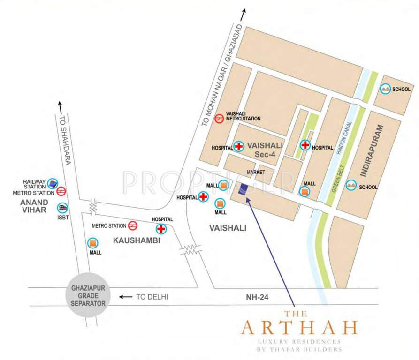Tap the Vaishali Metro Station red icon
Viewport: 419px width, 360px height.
[x=219, y=119]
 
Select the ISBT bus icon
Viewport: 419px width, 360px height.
[x=62, y=208]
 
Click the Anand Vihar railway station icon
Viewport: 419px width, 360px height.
[x=53, y=183]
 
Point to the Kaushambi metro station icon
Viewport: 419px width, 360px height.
[x=133, y=225]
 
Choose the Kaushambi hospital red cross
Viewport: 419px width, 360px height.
[x=161, y=229]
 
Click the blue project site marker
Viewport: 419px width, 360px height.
[x=243, y=190]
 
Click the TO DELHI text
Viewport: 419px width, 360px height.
[x=152, y=297]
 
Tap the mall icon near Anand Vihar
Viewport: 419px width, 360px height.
[x=93, y=243]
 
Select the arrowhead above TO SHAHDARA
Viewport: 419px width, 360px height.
[x=60, y=104]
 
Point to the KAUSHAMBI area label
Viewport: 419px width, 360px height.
[x=137, y=240]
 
